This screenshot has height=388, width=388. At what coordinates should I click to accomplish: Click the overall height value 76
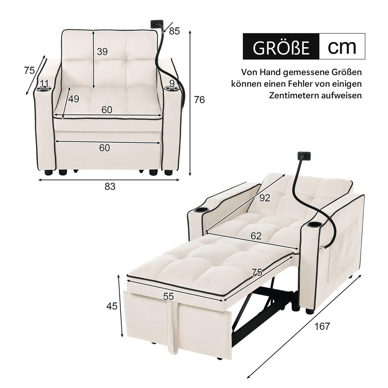(x=199, y=100)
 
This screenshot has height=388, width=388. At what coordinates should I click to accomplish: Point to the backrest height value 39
(x=102, y=52)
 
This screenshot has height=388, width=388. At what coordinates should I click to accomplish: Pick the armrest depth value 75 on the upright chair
(x=29, y=70)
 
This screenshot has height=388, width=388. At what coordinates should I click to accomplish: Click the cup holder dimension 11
(x=45, y=84)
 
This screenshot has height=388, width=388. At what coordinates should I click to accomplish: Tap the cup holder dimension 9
(x=172, y=83)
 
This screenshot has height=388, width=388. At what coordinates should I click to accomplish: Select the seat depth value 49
(x=74, y=99)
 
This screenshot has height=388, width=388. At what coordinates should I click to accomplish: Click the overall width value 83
(x=110, y=187)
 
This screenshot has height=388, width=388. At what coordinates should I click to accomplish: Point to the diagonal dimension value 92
(x=264, y=198)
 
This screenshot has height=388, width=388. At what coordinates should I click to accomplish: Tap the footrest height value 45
(x=112, y=306)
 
